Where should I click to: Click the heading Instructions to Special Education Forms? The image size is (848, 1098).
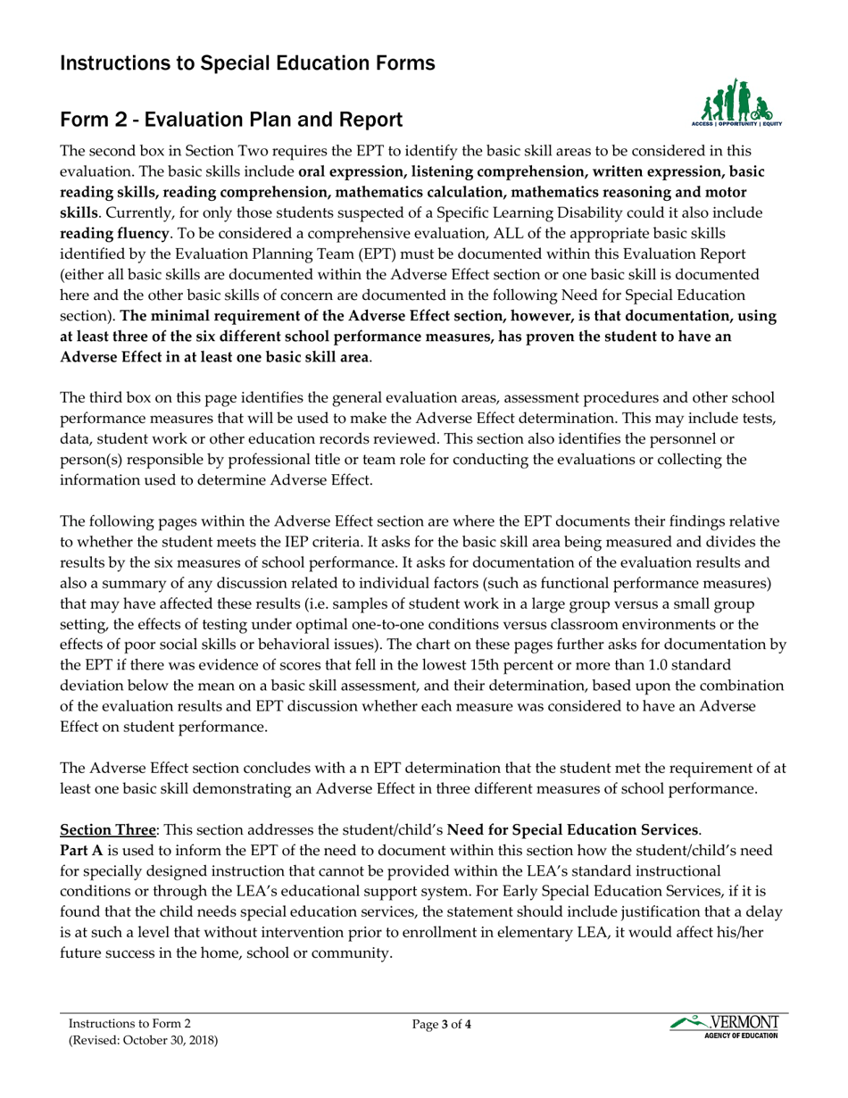(x=247, y=63)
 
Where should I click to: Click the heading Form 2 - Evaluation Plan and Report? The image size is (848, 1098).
(x=230, y=120)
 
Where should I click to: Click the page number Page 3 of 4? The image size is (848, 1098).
(x=442, y=1025)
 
